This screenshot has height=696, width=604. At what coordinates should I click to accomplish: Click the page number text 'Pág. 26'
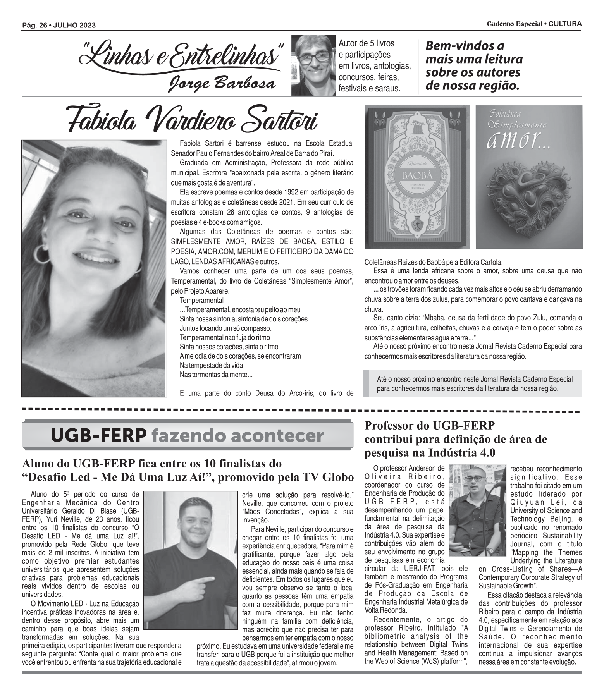34,26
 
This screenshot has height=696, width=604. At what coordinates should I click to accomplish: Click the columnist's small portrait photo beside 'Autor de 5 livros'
313,65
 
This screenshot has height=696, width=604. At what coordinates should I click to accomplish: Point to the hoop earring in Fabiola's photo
42,254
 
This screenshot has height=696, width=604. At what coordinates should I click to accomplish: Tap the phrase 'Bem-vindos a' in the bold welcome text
465,46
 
